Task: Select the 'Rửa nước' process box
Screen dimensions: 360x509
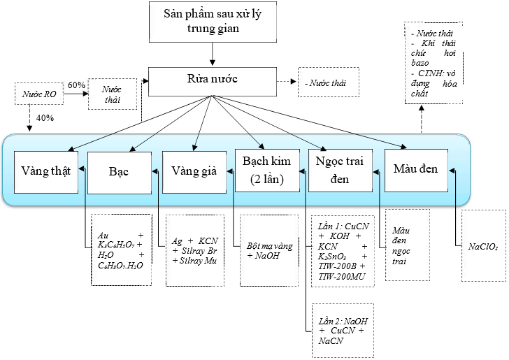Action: point(212,80)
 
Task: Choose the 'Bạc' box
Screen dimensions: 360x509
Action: point(120,171)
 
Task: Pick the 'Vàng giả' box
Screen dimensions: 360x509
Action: point(194,171)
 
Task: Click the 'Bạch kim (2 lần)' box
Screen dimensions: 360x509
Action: point(267,171)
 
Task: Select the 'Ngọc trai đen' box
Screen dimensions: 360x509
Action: point(340,171)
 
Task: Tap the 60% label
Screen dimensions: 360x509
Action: point(76,85)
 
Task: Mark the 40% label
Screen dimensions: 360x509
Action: point(44,118)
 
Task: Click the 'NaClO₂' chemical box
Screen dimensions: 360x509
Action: point(482,246)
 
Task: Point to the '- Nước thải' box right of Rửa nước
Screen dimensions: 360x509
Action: point(328,82)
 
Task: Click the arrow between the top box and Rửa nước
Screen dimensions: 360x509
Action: point(212,52)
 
